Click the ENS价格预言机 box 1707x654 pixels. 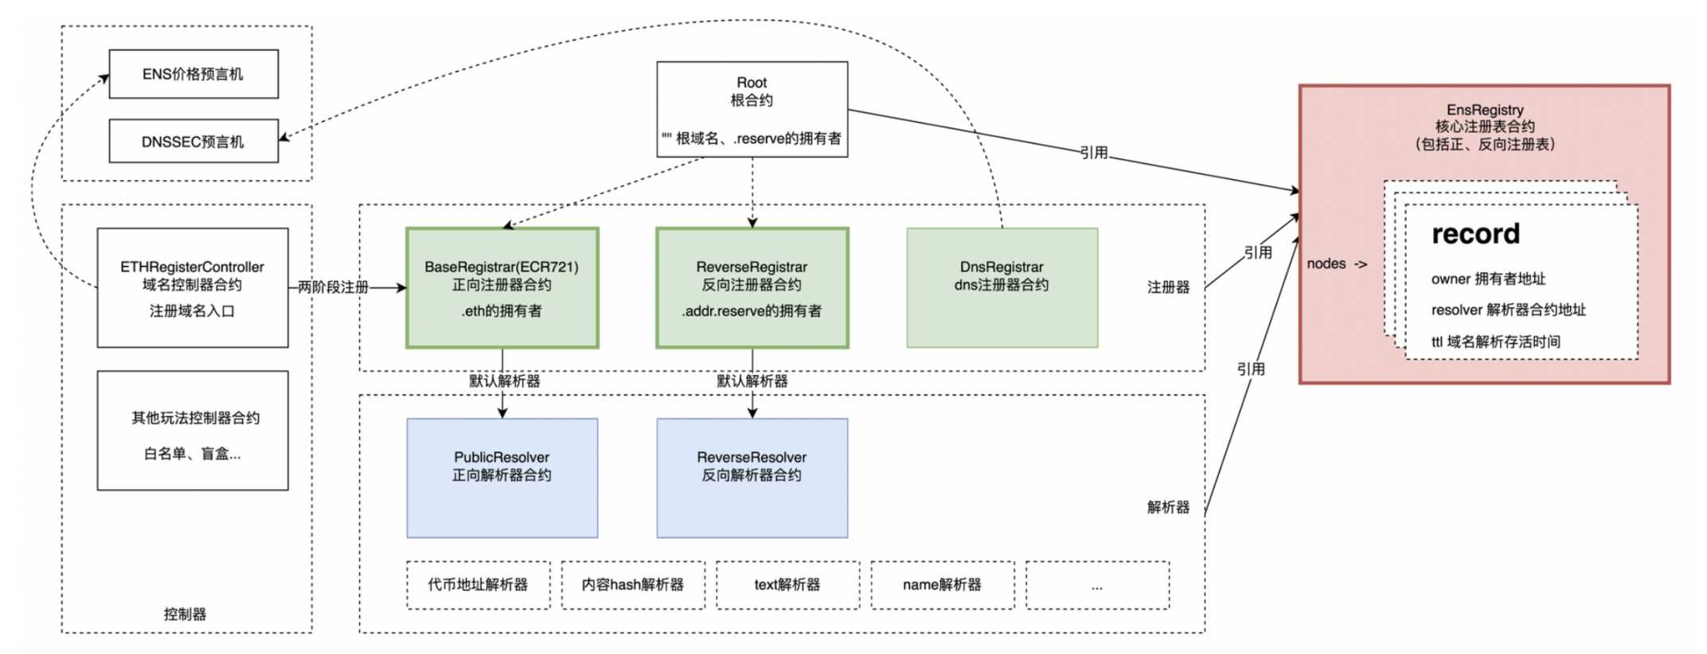coord(193,74)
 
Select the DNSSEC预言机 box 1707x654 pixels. coord(193,141)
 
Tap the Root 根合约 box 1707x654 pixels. coord(752,109)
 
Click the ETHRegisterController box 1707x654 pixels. coord(193,288)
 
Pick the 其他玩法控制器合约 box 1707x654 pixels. coord(193,430)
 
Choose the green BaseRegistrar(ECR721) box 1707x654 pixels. coord(502,288)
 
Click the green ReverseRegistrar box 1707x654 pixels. coord(752,288)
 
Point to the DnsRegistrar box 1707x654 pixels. coord(1002,288)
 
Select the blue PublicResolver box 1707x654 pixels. coord(502,478)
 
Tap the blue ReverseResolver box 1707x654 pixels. coord(752,478)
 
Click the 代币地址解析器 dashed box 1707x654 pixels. coord(479,585)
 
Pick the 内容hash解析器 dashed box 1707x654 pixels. coord(633,585)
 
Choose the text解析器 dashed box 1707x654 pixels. coord(787,585)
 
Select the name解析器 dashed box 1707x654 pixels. coord(943,585)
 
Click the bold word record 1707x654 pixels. coord(1475,233)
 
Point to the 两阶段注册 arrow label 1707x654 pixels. coord(333,287)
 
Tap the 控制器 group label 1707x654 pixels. coord(185,614)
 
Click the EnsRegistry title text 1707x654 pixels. coord(1485,110)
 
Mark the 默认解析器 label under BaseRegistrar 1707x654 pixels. coord(505,381)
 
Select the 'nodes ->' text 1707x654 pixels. coord(1337,264)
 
